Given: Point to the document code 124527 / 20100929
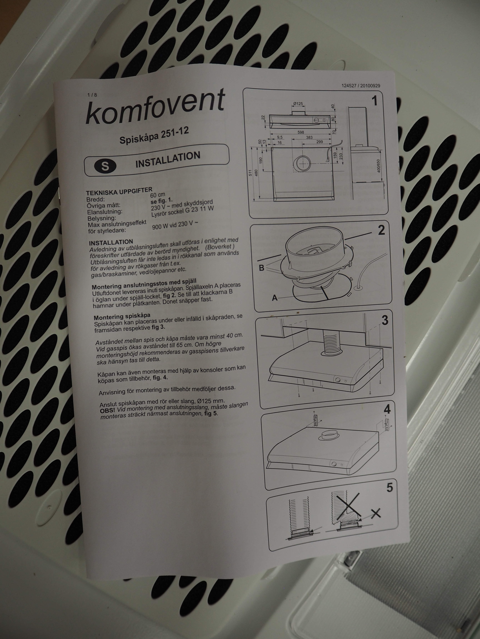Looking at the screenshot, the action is (361, 86).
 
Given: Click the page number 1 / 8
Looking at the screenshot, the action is (92, 95).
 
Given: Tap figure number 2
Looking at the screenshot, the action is (382, 230).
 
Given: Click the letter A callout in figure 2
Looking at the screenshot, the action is (275, 298).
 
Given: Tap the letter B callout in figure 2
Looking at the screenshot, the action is (262, 268).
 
